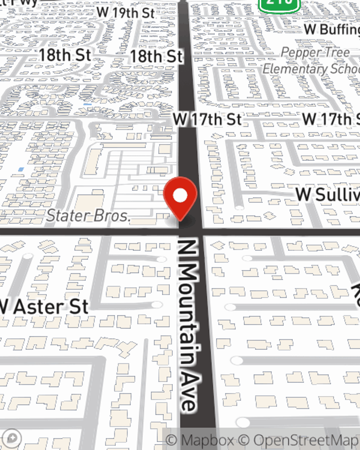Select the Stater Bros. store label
(x=88, y=216)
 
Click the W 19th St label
(x=126, y=13)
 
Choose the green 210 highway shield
(x=279, y=4)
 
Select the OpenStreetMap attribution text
(x=306, y=440)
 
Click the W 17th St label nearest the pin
(x=207, y=119)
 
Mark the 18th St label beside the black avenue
(x=156, y=57)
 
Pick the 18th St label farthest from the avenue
(x=65, y=55)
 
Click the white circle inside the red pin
(x=180, y=195)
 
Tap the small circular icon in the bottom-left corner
(x=12, y=438)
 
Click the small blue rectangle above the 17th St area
(x=87, y=104)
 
